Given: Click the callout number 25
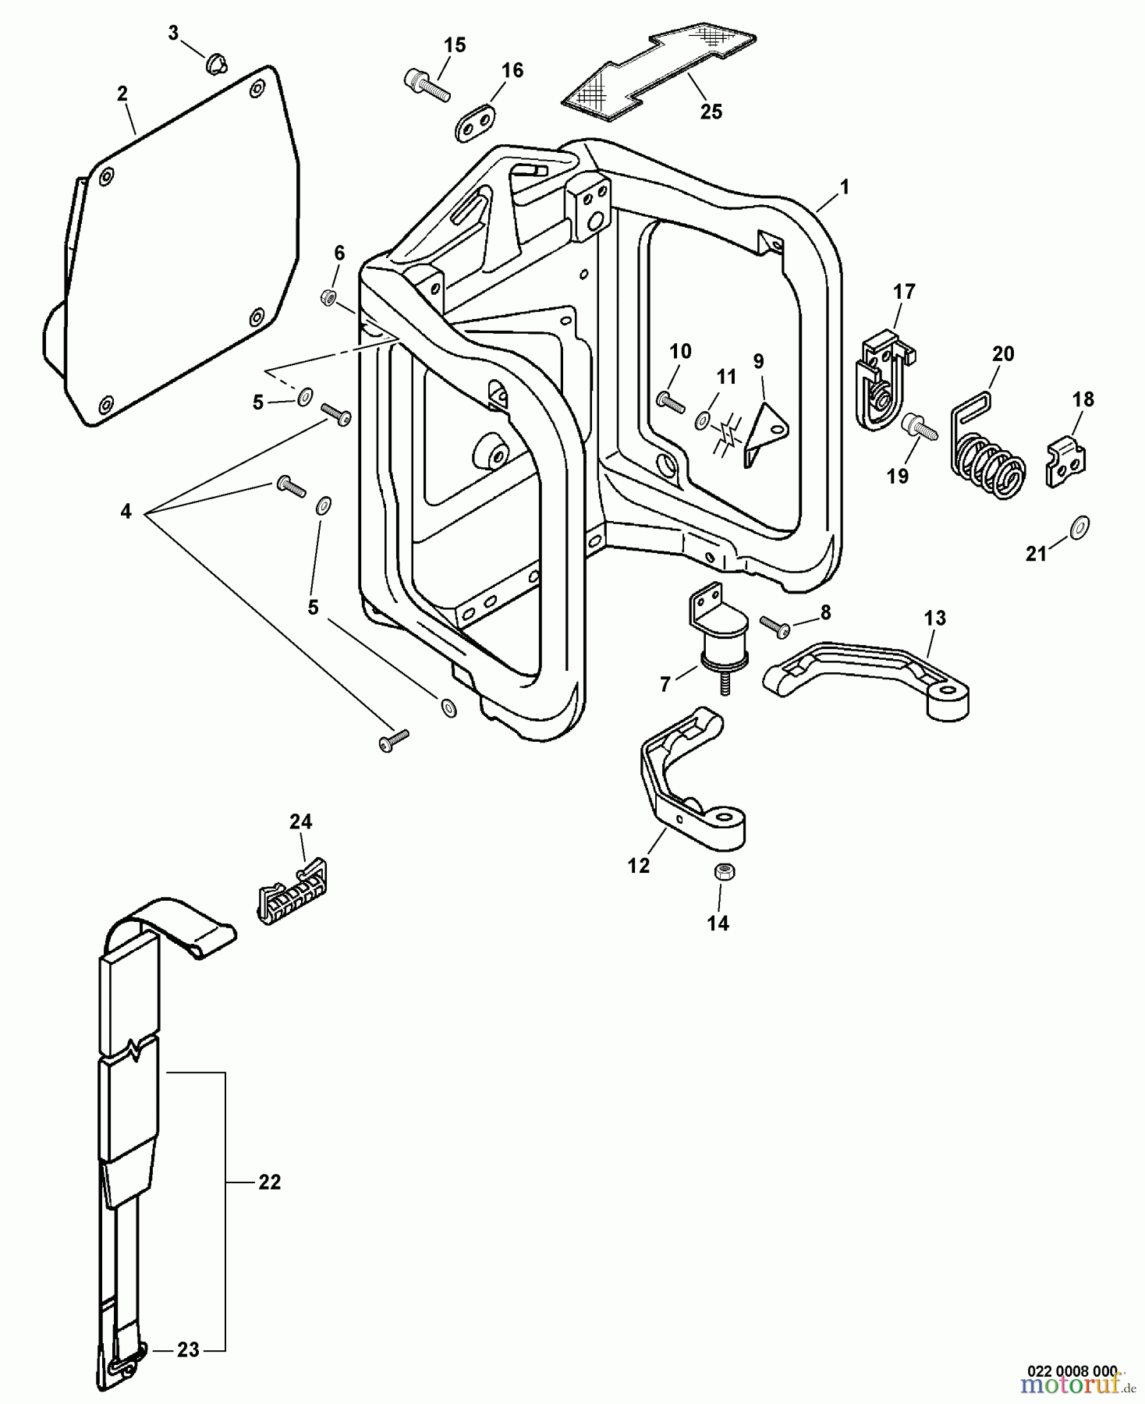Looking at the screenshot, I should [711, 112].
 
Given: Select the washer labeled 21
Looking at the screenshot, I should [1079, 526].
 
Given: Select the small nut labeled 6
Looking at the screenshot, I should [328, 296].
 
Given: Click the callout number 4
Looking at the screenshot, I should [126, 512].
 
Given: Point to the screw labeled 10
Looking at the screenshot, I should [670, 402].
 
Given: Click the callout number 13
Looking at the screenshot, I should [934, 619].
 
